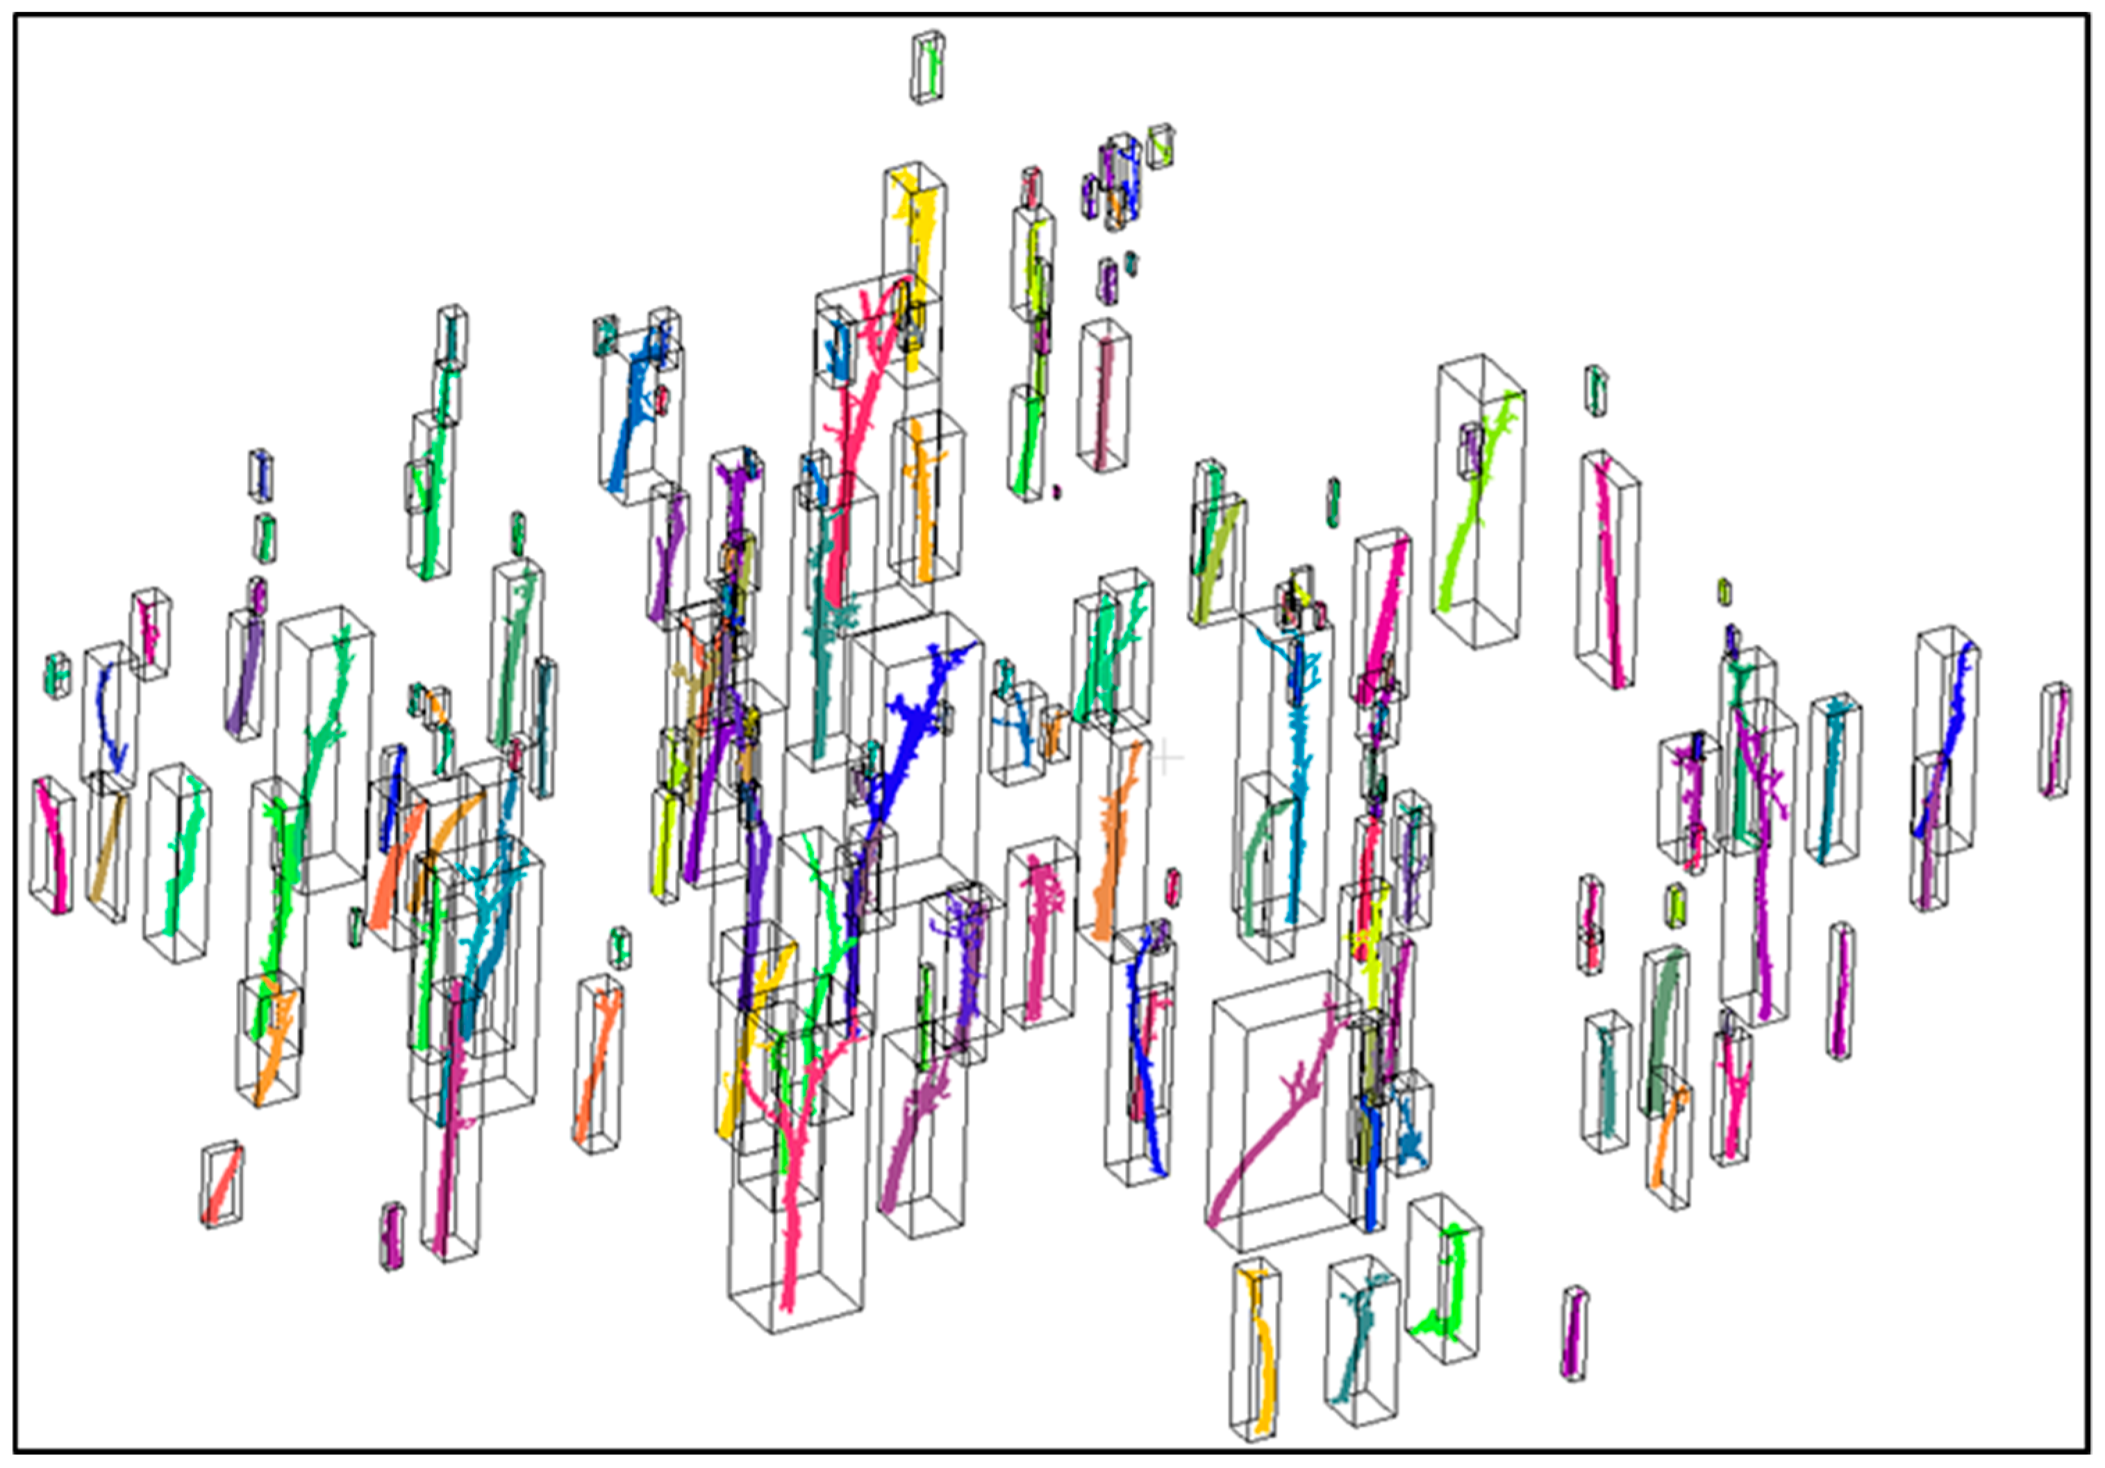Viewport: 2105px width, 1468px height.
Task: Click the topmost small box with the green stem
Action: pos(931,66)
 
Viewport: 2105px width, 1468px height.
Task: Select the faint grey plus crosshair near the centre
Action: pos(1165,757)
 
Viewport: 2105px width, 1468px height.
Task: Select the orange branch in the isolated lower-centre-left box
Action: pos(598,1064)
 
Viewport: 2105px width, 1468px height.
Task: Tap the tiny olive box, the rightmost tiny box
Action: pos(1724,591)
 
